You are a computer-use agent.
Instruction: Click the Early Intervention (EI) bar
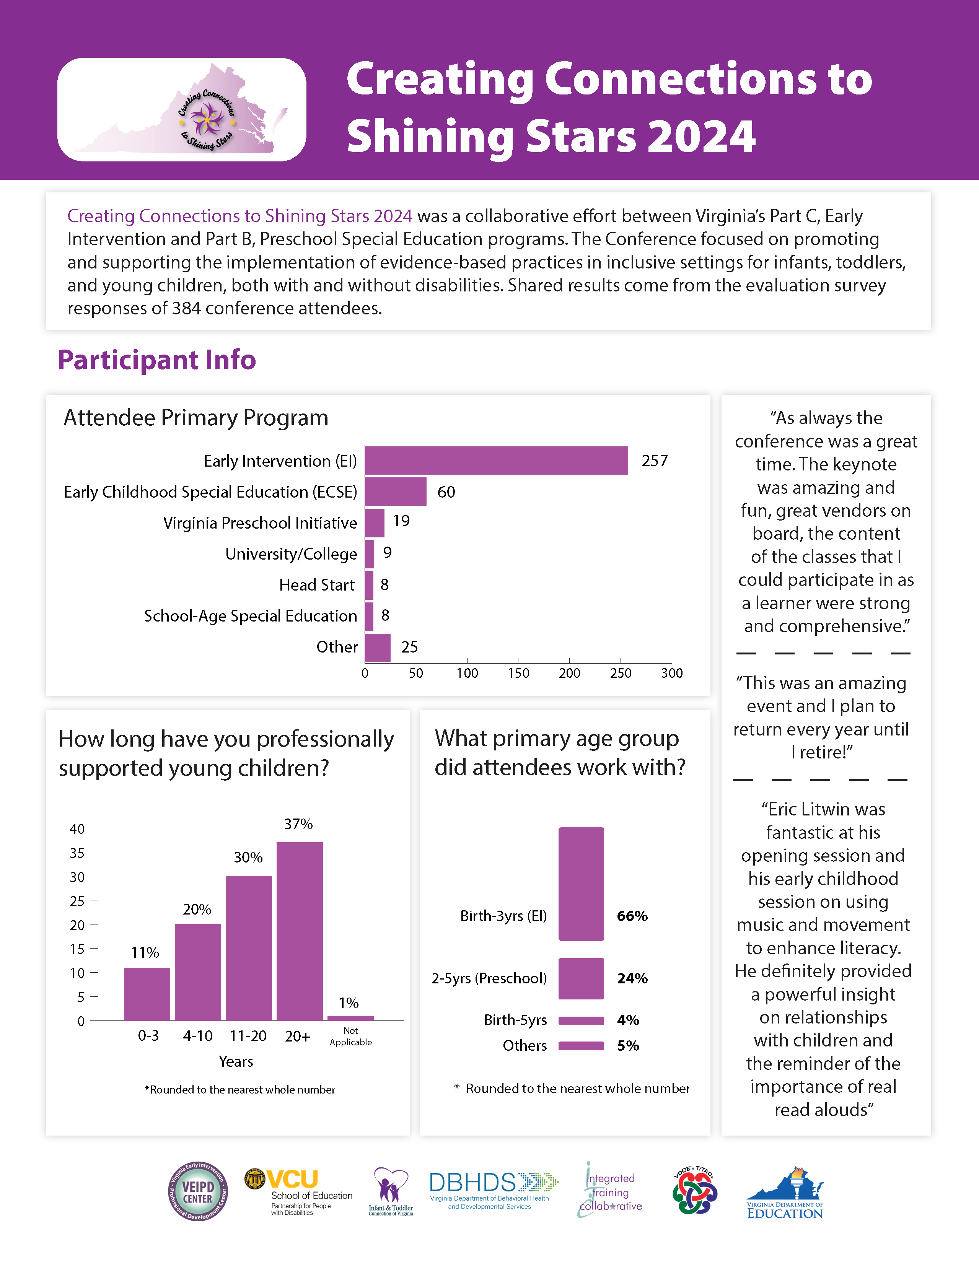(x=497, y=461)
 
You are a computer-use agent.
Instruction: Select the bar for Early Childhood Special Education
(x=396, y=492)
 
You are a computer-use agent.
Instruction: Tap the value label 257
(x=655, y=461)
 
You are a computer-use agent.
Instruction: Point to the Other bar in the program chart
(x=378, y=648)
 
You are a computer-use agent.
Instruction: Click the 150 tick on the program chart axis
(x=518, y=673)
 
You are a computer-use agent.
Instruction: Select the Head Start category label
(x=317, y=585)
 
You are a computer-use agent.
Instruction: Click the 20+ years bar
(x=300, y=931)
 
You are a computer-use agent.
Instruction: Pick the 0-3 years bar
(x=147, y=994)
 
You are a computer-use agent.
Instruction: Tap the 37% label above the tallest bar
(x=298, y=824)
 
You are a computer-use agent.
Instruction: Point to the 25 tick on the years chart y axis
(x=77, y=901)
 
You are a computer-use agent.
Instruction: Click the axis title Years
(x=236, y=1061)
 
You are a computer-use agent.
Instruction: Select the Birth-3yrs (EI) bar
(x=581, y=884)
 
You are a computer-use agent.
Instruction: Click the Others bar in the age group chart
(x=581, y=1046)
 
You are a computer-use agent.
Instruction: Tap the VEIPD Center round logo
(x=198, y=1191)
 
